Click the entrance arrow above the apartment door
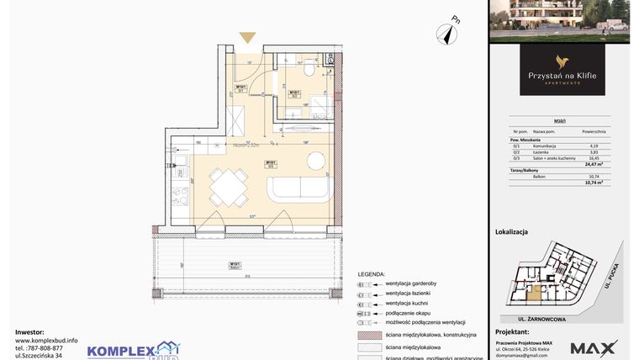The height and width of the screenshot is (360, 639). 247,37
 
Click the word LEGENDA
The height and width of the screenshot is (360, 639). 371,274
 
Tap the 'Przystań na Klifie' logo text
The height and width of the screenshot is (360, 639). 562,75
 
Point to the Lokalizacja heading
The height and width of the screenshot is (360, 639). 511,231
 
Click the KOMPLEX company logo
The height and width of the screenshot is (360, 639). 133,349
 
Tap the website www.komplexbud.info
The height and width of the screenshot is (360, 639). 46,340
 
